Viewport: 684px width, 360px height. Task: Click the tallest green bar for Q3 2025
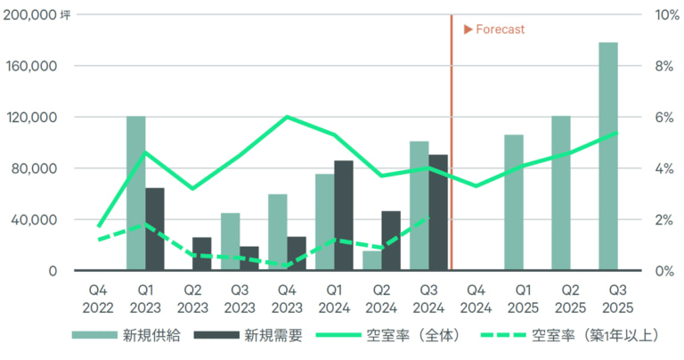(x=608, y=156)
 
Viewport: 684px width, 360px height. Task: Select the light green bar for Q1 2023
(x=135, y=192)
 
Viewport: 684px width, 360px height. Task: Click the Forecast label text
(x=500, y=29)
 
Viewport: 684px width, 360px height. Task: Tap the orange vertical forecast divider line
(x=452, y=143)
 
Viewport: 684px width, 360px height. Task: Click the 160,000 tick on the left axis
(x=33, y=67)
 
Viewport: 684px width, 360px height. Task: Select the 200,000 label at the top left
(x=33, y=15)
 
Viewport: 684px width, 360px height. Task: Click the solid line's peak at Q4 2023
(x=286, y=117)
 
